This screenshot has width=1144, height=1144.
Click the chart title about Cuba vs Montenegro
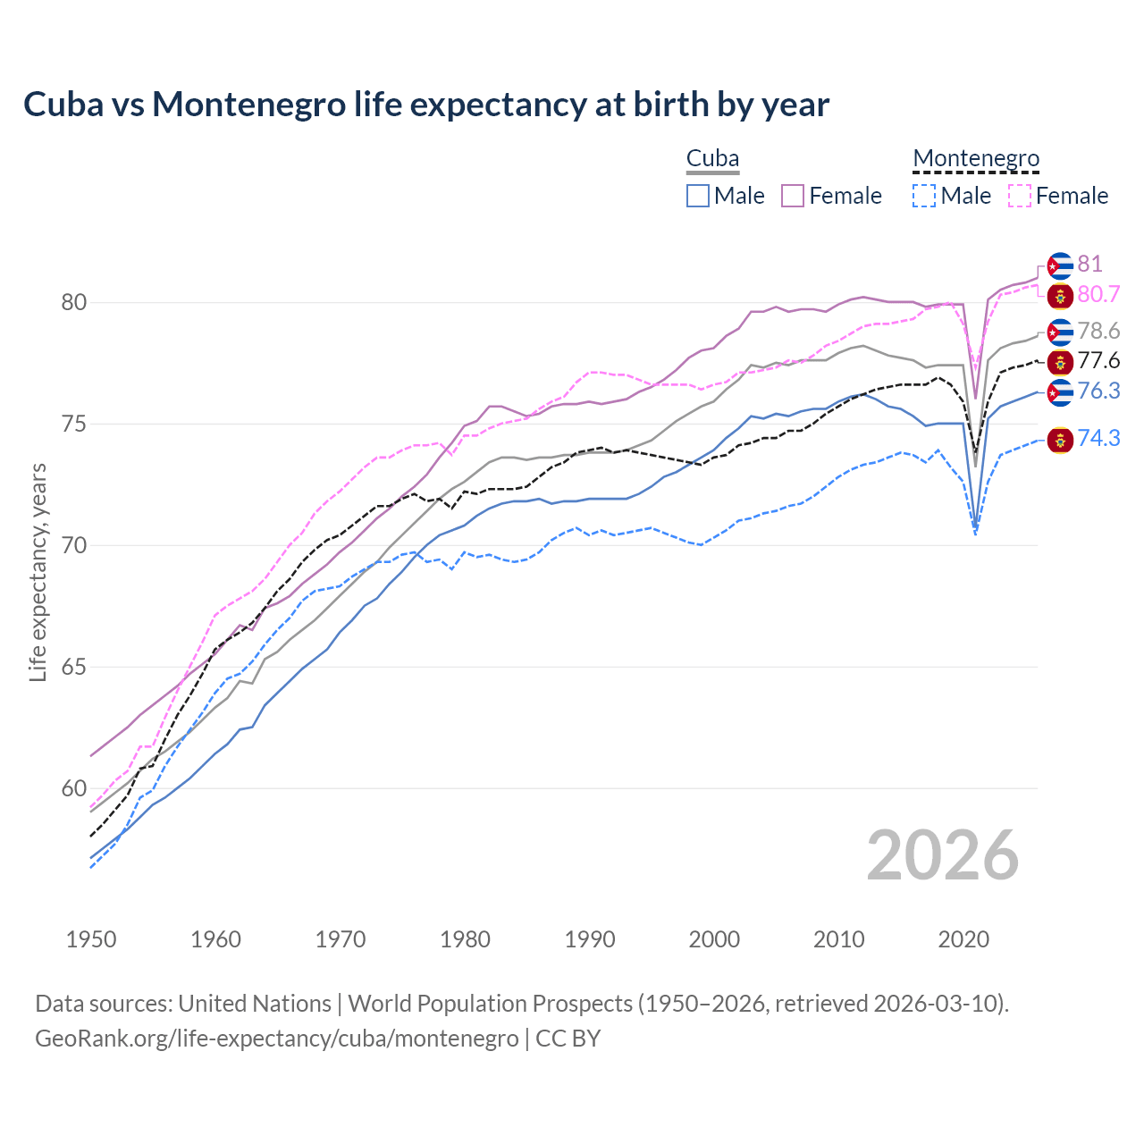pos(426,105)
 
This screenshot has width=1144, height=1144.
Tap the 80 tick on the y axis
pos(73,303)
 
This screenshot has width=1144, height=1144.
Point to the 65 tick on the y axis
pos(73,668)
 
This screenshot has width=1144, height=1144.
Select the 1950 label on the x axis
pos(91,939)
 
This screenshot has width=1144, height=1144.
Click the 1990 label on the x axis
pos(590,939)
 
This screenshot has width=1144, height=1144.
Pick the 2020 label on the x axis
pos(963,939)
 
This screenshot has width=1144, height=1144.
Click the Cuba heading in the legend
pos(712,159)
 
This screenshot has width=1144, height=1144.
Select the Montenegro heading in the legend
pos(976,159)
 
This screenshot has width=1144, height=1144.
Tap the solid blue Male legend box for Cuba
pos(698,196)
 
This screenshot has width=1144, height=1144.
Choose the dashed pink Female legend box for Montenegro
pos(1020,196)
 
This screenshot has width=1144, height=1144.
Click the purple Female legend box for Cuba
pos(793,196)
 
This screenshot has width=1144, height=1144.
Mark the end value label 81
pos(1089,265)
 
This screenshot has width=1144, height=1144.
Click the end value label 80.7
pos(1098,295)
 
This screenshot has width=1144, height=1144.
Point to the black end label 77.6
pos(1098,361)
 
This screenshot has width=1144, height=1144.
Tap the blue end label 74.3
pos(1098,439)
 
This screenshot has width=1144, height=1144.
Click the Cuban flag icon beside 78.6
pos(1060,332)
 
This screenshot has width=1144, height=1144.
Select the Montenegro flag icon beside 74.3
pos(1060,440)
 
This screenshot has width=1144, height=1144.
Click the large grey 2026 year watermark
pos(943,856)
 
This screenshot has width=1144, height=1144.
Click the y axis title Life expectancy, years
pos(38,572)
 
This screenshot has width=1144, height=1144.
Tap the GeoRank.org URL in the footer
pos(277,1039)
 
